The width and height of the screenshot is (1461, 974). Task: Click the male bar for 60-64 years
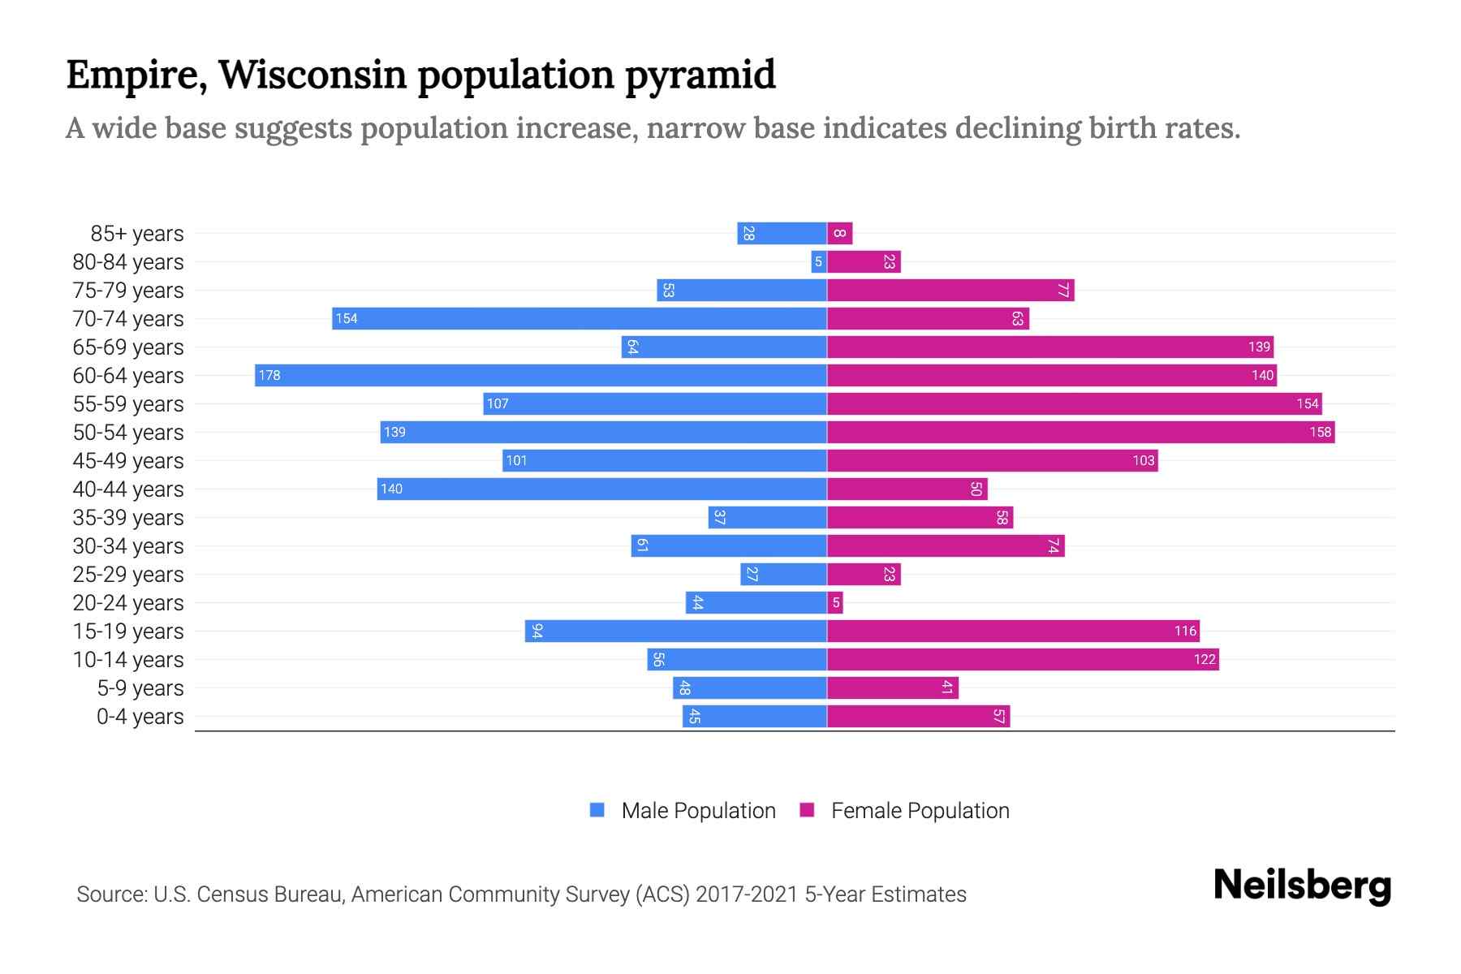click(541, 375)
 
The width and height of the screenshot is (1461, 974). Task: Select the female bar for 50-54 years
click(1080, 432)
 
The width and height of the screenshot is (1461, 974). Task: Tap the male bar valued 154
click(580, 318)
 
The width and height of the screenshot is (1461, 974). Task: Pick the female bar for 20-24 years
click(835, 602)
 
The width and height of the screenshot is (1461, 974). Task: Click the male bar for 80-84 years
click(819, 261)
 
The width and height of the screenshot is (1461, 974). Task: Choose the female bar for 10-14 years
click(1023, 659)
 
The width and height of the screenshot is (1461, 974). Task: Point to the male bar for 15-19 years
click(675, 631)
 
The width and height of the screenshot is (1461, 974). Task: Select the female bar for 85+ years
click(839, 233)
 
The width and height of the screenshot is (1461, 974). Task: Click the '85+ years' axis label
click(136, 234)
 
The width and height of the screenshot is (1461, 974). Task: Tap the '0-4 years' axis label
click(140, 717)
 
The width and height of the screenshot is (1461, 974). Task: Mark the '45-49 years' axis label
click(128, 461)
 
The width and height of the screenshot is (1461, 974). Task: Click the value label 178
click(269, 375)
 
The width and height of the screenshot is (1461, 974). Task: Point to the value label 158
click(1320, 432)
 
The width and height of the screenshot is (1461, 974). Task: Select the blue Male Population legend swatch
click(597, 810)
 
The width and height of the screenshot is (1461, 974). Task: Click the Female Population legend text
click(920, 810)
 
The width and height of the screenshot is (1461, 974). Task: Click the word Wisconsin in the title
click(312, 75)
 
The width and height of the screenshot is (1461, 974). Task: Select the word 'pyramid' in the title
click(700, 75)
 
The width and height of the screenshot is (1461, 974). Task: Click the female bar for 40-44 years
click(907, 489)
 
